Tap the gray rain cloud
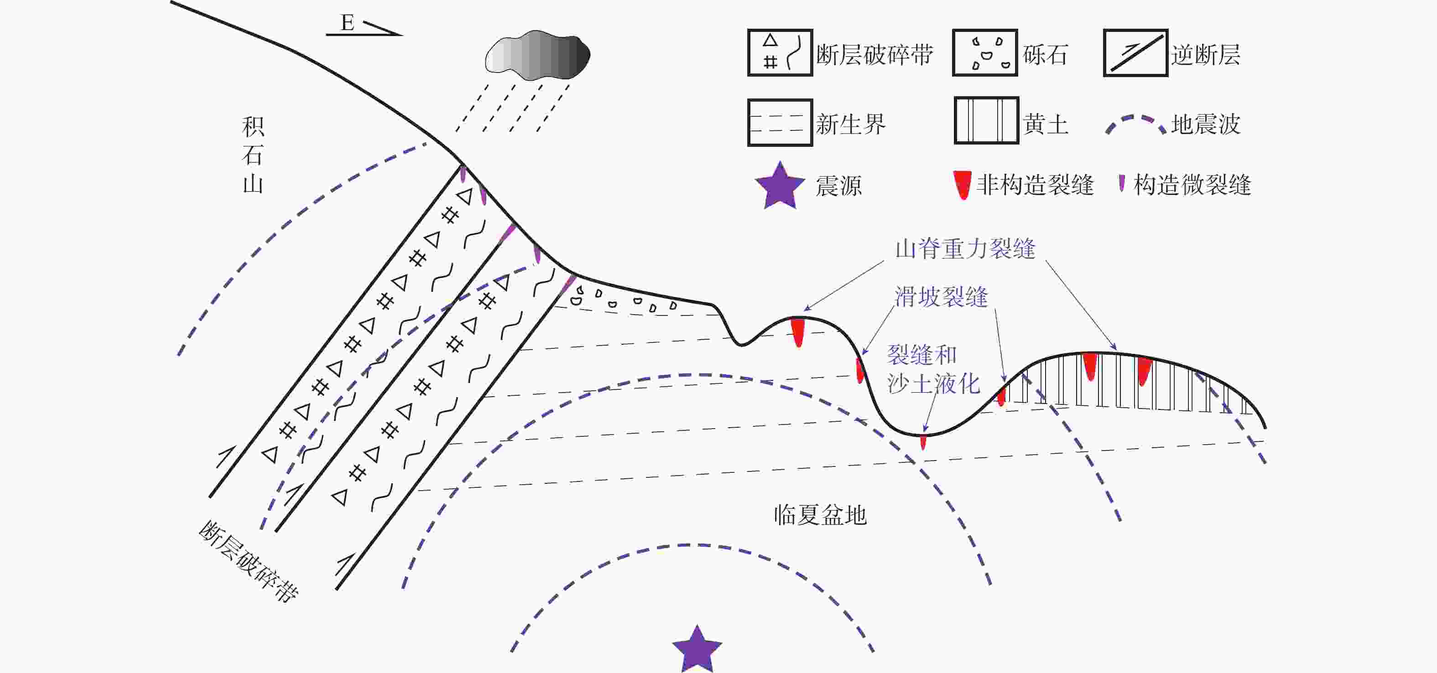538,55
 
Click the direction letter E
347,23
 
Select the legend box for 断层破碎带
780,52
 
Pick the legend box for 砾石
985,52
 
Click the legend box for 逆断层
1136,52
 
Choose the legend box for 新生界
780,123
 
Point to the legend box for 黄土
986,120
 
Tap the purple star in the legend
780,186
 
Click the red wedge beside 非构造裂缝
962,185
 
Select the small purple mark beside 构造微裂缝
1122,183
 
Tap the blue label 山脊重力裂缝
965,248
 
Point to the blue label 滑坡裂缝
941,297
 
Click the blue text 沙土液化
933,383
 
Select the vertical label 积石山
253,155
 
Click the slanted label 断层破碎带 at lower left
248,561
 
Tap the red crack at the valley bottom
923,442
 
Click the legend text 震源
838,186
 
